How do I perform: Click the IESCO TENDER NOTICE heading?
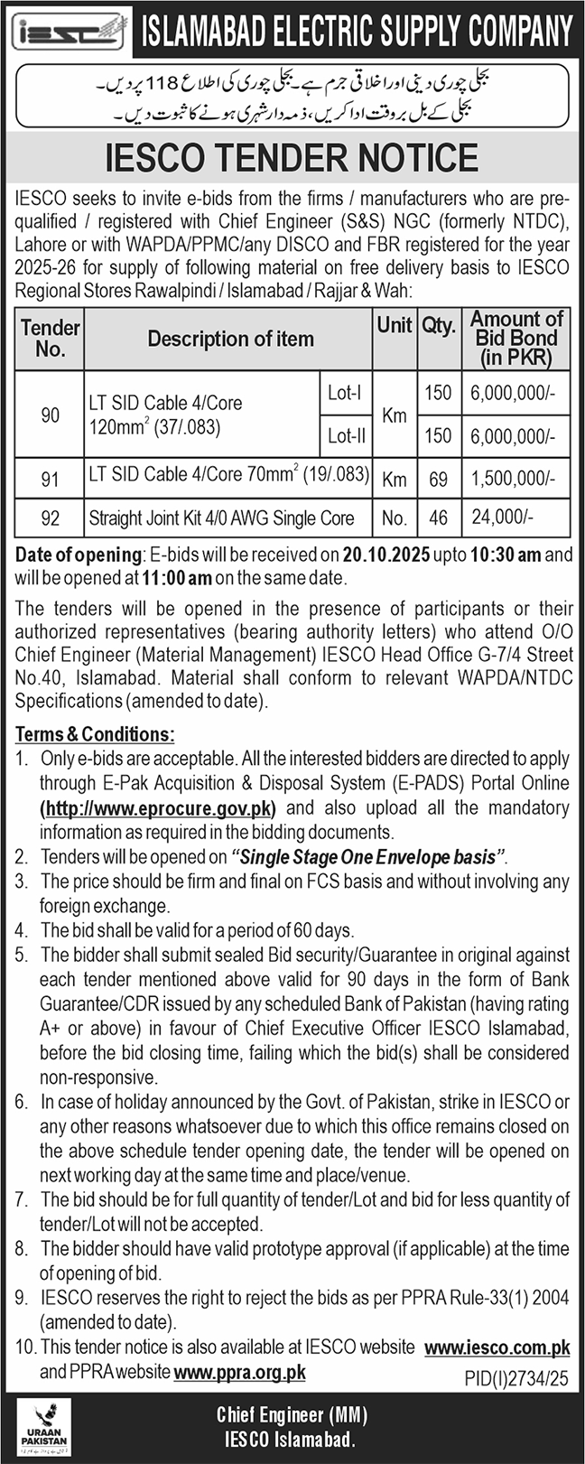click(292, 158)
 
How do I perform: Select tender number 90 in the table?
click(51, 414)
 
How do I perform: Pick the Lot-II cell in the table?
click(346, 436)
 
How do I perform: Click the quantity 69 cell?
click(438, 479)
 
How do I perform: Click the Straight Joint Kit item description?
click(221, 518)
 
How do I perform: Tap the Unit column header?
click(395, 326)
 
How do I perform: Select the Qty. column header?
click(438, 326)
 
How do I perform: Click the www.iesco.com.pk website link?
click(497, 1347)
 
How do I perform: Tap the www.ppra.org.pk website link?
click(239, 1372)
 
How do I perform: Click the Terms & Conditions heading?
click(95, 735)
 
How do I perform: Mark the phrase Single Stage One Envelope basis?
click(368, 856)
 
